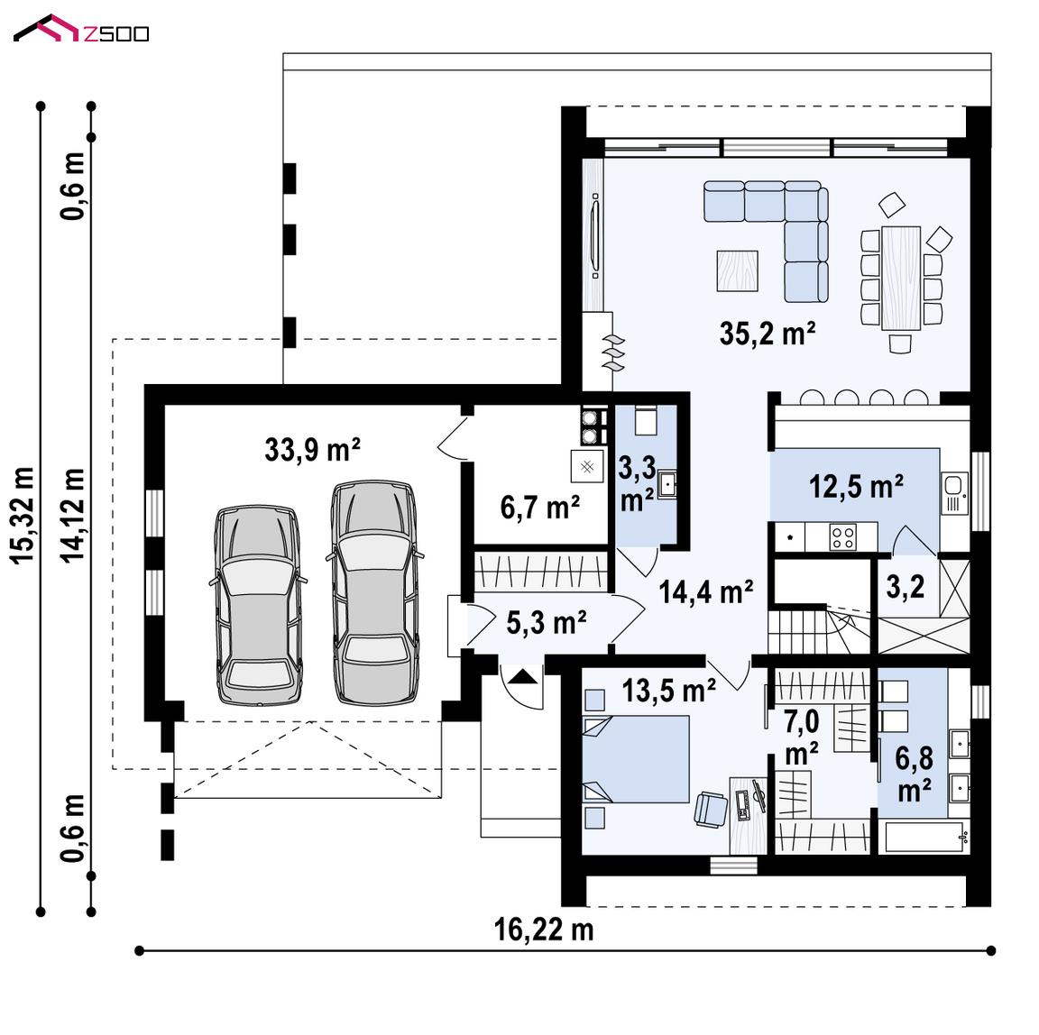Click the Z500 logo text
pyautogui.click(x=116, y=33)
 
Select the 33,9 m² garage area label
pyautogui.click(x=312, y=450)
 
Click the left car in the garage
pyautogui.click(x=258, y=605)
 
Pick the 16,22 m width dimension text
pyautogui.click(x=544, y=930)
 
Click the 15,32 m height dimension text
pyautogui.click(x=23, y=516)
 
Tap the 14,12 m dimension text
pyautogui.click(x=74, y=516)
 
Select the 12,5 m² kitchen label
pyautogui.click(x=856, y=487)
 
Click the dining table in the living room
pyautogui.click(x=900, y=278)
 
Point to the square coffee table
pyautogui.click(x=738, y=270)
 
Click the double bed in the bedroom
pyautogui.click(x=636, y=759)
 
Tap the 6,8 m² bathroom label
pyautogui.click(x=915, y=774)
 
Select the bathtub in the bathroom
pyautogui.click(x=924, y=838)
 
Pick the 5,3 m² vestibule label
pyautogui.click(x=546, y=623)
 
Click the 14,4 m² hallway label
pyautogui.click(x=706, y=591)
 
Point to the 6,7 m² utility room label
pyautogui.click(x=540, y=508)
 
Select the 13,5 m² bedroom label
pyautogui.click(x=668, y=691)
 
